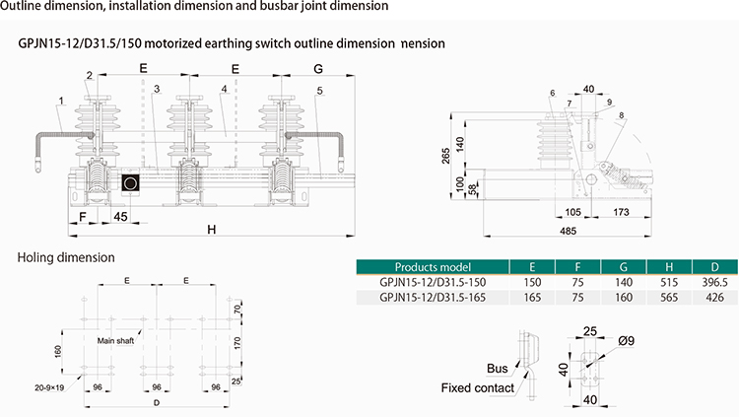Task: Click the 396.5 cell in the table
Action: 714,283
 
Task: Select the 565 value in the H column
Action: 669,298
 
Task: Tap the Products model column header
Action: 433,267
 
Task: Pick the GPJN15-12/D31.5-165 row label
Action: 433,298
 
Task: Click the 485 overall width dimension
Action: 568,231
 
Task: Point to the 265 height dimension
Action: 445,156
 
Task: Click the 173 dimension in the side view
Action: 621,212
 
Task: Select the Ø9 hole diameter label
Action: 627,340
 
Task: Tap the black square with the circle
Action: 130,183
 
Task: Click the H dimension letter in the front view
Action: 212,230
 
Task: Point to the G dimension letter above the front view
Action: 318,69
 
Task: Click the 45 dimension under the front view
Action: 120,217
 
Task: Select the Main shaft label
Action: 115,340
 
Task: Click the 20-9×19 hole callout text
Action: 49,387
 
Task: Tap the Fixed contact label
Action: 478,388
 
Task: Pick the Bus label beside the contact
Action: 498,369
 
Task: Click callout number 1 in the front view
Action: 61,101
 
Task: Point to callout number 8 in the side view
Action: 622,115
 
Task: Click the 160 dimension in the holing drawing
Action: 58,351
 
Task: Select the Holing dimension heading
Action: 66,257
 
